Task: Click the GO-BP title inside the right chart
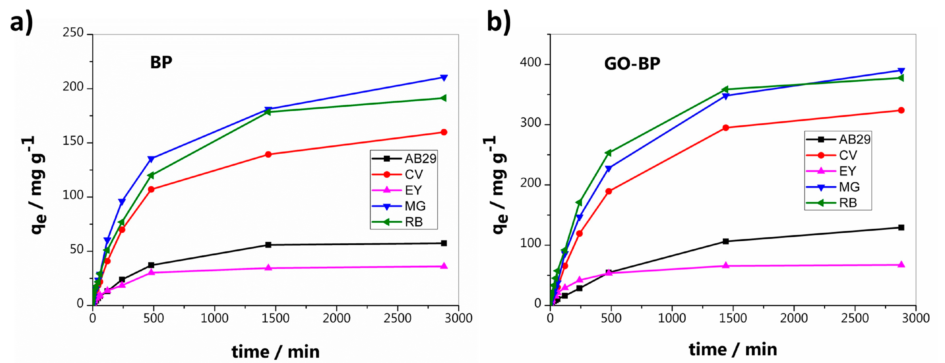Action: [x=632, y=64]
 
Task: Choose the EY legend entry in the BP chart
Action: [x=413, y=190]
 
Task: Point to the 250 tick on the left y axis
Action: [x=73, y=33]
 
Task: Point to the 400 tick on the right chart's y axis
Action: [x=531, y=63]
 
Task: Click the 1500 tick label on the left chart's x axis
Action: [x=275, y=318]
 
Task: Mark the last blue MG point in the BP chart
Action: [x=444, y=78]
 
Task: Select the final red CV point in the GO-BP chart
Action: [x=901, y=110]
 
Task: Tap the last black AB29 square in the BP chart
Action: [x=444, y=243]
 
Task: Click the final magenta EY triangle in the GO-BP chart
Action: [x=901, y=265]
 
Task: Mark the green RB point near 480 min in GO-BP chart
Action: [x=608, y=153]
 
